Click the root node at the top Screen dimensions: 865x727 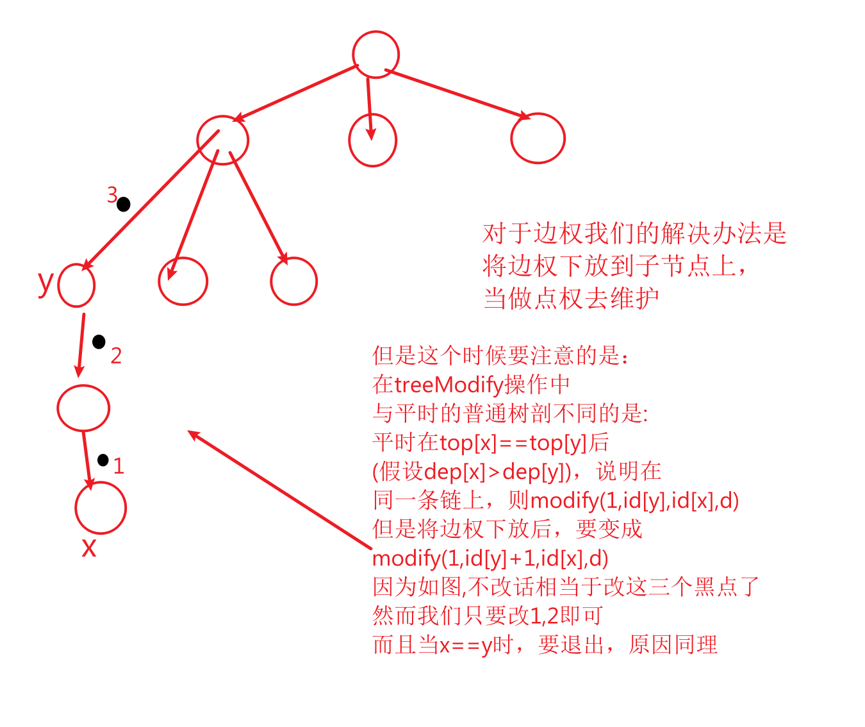375,54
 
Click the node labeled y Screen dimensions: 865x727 76,285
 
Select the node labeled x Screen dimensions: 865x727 101,508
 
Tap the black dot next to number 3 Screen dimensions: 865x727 124,205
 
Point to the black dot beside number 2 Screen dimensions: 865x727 99,342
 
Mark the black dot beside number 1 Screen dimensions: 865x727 103,460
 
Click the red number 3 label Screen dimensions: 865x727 112,194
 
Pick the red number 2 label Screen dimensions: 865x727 116,355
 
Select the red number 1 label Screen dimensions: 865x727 119,466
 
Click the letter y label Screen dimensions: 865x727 45,282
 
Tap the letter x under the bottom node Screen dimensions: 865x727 89,547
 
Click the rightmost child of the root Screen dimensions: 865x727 538,138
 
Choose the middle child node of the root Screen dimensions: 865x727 372,140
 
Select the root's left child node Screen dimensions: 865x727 222,140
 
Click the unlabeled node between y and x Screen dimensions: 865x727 83,408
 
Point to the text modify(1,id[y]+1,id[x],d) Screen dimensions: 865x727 490,558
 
